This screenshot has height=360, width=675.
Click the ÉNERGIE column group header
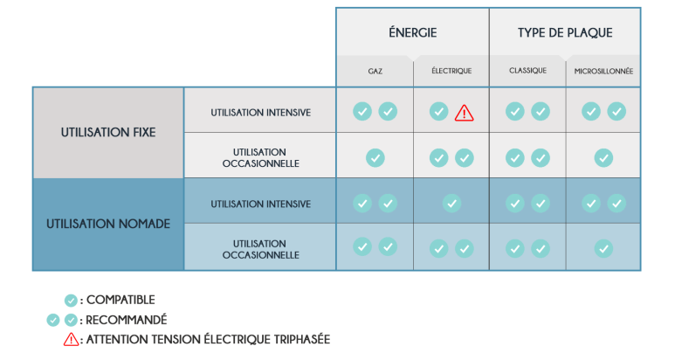412,33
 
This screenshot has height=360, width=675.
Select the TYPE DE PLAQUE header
565,33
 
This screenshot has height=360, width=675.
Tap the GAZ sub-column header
375,71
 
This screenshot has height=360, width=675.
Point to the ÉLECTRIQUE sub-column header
451,71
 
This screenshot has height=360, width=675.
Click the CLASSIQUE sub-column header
527,71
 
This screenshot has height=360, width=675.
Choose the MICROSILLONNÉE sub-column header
603,71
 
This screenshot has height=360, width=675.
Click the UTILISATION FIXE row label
107,133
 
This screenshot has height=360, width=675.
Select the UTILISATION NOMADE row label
107,224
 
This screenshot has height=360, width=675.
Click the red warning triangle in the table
465,112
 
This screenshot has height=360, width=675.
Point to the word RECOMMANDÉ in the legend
127,320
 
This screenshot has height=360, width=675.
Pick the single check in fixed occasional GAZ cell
375,157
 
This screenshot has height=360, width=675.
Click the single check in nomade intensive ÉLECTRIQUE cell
451,203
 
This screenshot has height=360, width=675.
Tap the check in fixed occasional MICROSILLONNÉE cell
603,157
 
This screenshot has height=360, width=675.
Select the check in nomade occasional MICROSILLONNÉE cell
603,248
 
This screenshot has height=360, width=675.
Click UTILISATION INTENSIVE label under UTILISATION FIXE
260,113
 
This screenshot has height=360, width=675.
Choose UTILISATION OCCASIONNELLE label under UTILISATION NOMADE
260,249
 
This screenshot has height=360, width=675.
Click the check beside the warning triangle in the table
439,111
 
